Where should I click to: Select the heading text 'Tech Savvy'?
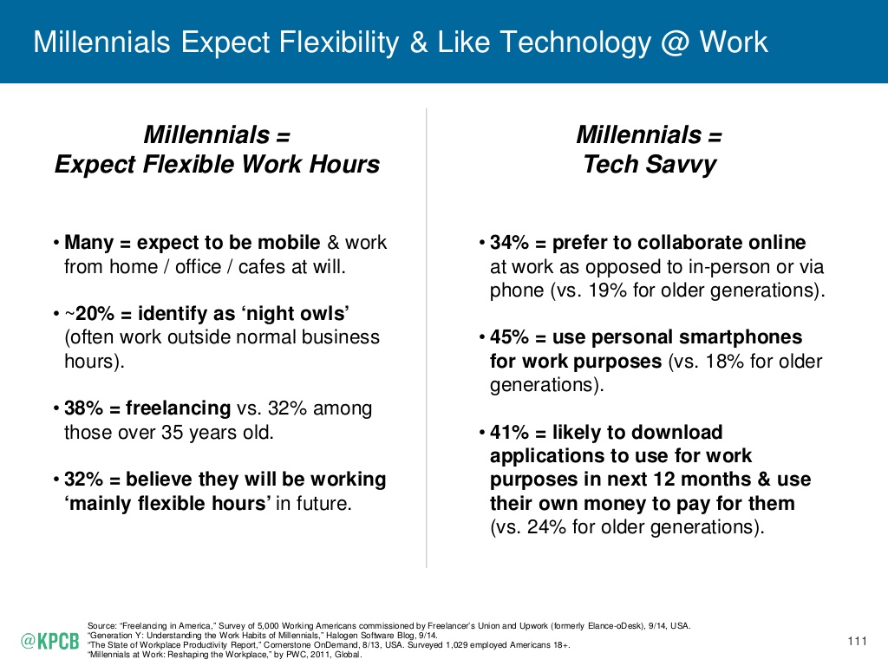tap(650, 165)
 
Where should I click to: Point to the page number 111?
tap(857, 642)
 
